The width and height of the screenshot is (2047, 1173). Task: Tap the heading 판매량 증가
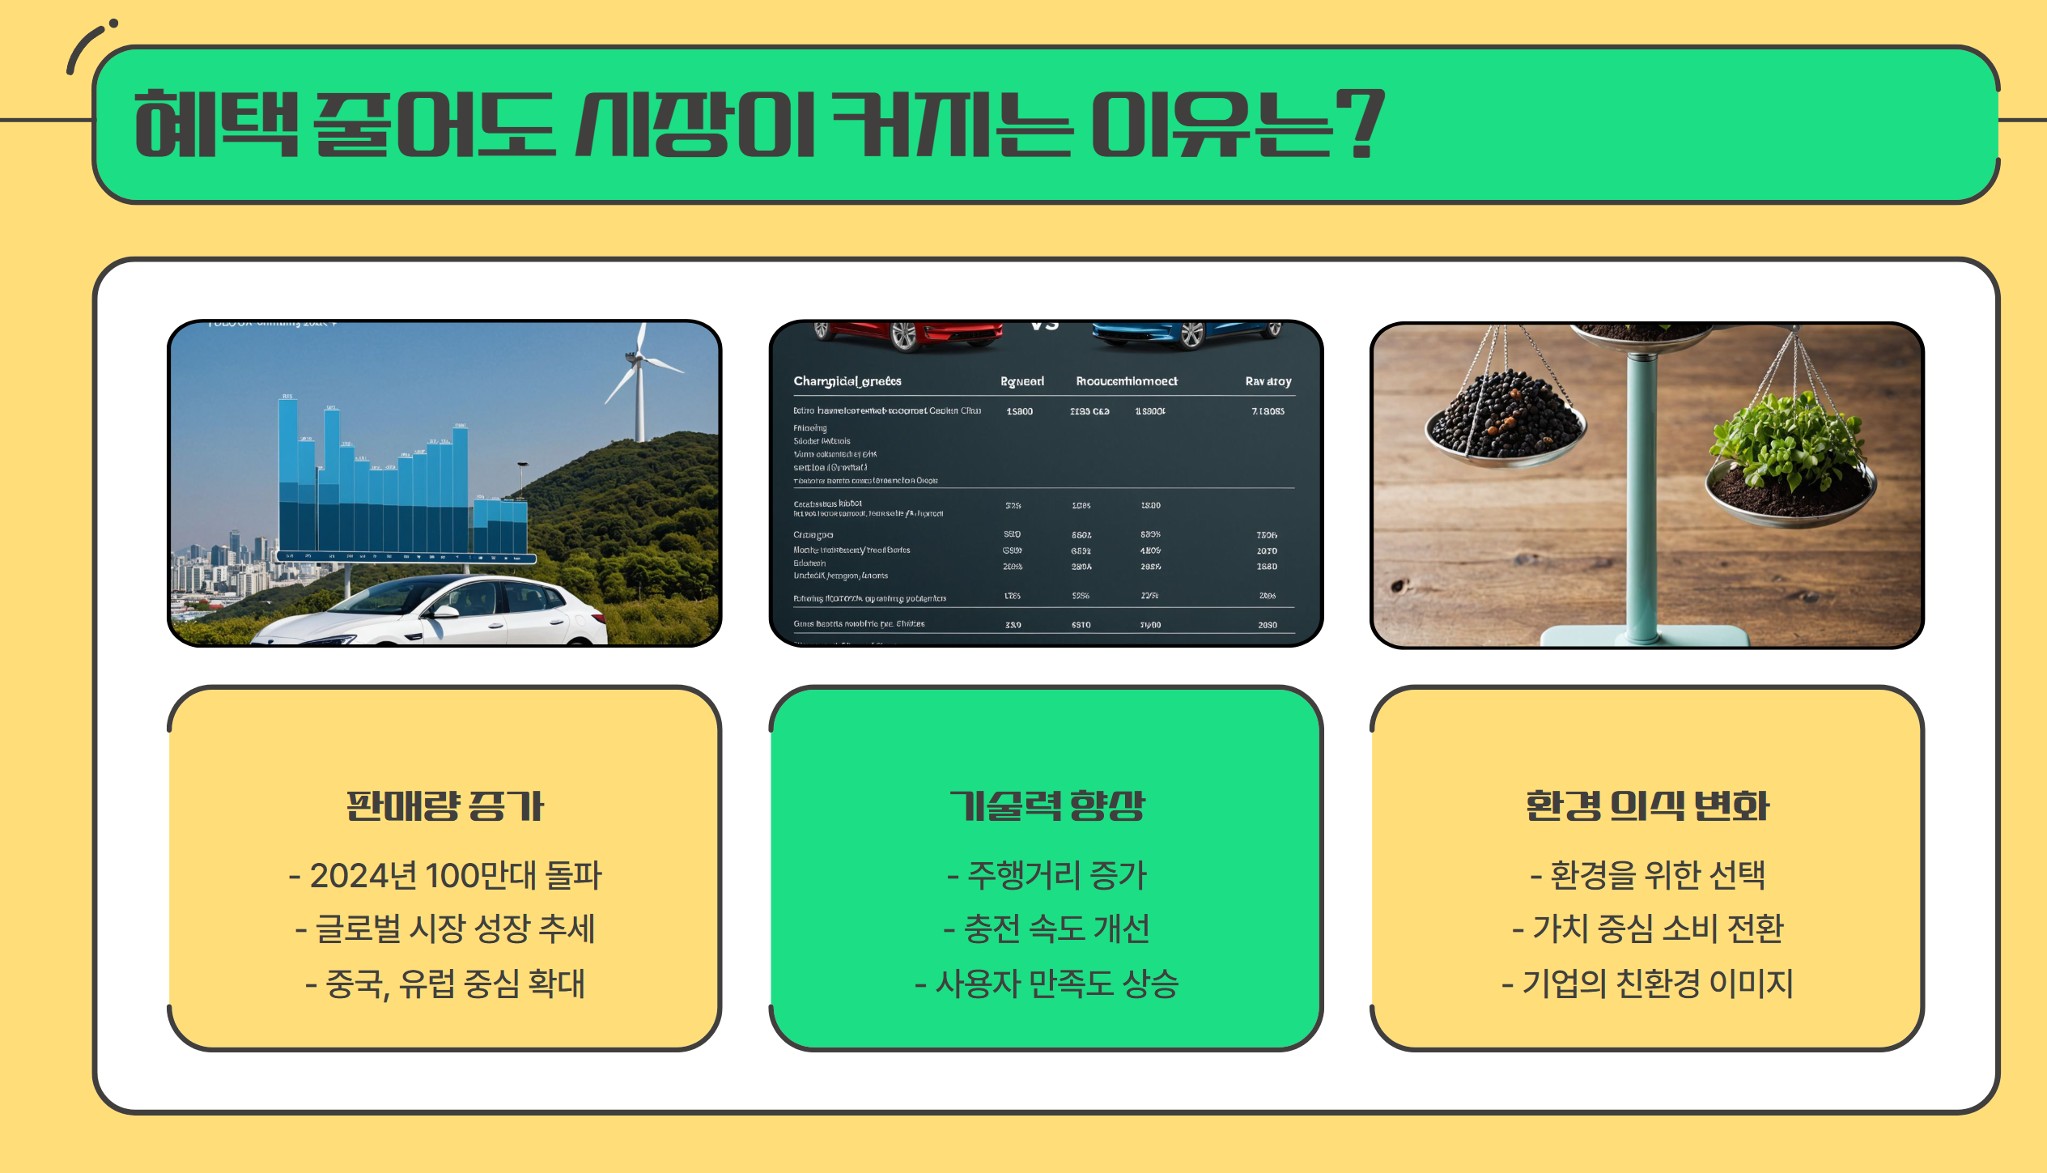pyautogui.click(x=444, y=806)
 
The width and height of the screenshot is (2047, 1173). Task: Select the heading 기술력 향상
pyautogui.click(x=1046, y=806)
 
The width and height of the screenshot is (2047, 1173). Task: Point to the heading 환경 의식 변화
pyautogui.click(x=1647, y=806)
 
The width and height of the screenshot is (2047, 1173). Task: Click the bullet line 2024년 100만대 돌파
pyautogui.click(x=444, y=875)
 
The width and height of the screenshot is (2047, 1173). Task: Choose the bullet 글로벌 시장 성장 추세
pyautogui.click(x=444, y=929)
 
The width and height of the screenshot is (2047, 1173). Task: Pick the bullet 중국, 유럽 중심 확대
pyautogui.click(x=444, y=984)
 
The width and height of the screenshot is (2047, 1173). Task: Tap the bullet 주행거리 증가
pyautogui.click(x=1046, y=875)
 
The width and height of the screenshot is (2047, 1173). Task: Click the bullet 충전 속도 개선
pyautogui.click(x=1046, y=929)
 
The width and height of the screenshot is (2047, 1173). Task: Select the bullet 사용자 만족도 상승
pyautogui.click(x=1046, y=984)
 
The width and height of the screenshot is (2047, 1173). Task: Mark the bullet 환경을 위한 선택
pyautogui.click(x=1647, y=875)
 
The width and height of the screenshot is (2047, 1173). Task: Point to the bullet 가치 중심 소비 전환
pyautogui.click(x=1647, y=929)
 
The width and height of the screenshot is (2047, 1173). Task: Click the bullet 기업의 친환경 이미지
pyautogui.click(x=1647, y=984)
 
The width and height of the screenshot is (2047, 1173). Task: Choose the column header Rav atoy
pyautogui.click(x=1268, y=381)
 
